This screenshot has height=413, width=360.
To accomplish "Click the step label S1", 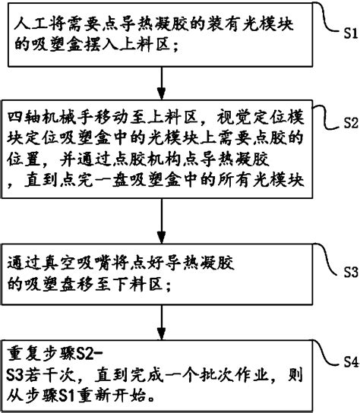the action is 351,33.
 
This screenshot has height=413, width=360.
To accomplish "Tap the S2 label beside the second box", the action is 351,123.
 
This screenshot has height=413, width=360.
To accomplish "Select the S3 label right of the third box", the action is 351,272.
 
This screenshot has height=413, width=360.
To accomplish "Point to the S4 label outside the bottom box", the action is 351,362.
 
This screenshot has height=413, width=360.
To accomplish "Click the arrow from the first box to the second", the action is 161,84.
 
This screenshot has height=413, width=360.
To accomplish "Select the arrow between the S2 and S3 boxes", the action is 161,221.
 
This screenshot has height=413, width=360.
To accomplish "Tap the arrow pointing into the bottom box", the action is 161,323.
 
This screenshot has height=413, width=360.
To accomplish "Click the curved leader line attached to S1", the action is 327,18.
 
